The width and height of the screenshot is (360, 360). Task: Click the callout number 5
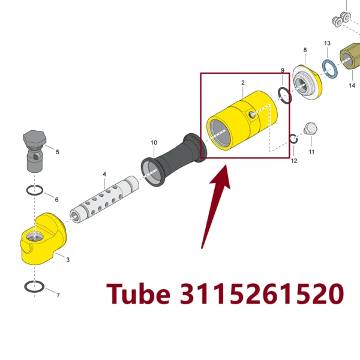pos(58,152)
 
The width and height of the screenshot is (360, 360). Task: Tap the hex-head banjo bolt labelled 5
pos(34,151)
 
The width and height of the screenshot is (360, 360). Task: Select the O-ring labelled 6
pos(34,190)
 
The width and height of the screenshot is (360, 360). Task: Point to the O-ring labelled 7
pos(34,287)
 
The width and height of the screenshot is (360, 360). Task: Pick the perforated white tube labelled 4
pos(104,200)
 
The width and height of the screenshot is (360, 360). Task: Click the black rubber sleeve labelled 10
pos(174,160)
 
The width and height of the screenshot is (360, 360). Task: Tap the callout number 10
pos(154,143)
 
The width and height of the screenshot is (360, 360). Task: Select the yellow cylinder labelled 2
pos(242,121)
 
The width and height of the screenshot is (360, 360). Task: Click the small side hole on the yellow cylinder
pos(253,115)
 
